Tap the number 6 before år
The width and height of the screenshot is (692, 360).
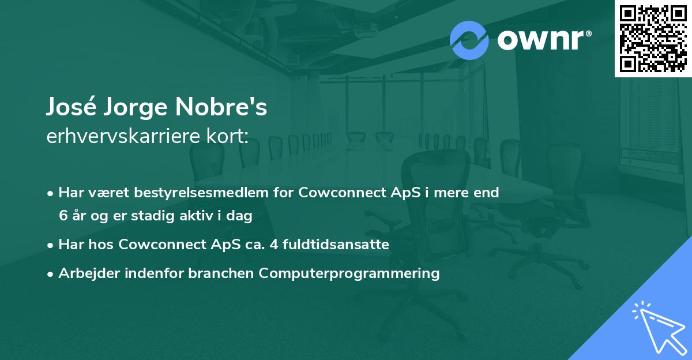62,216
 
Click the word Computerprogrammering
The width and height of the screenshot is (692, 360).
349,273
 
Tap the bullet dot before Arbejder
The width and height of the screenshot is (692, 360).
51,274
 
